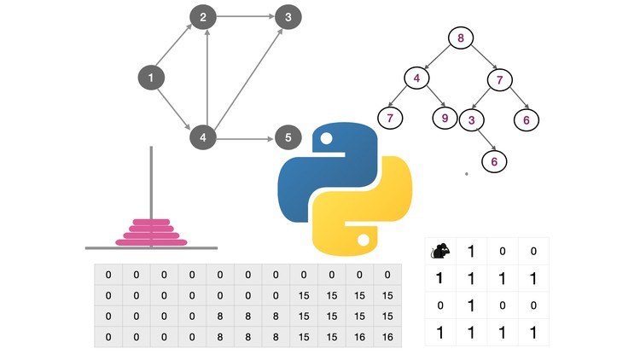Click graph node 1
(x=150, y=78)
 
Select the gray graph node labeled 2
(x=203, y=17)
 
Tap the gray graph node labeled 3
(x=288, y=17)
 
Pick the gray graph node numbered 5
(x=288, y=137)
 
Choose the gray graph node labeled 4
(x=203, y=137)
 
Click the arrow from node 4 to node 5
(x=246, y=137)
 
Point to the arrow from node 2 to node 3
(x=246, y=17)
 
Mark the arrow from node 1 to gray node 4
(x=177, y=107)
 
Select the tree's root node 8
(x=461, y=38)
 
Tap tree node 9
(x=445, y=118)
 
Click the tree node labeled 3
(x=471, y=119)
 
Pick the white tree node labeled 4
(x=417, y=79)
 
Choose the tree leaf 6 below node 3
(x=494, y=160)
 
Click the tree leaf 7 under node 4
(x=390, y=118)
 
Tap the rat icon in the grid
(x=441, y=252)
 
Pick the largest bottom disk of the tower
(x=151, y=242)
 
